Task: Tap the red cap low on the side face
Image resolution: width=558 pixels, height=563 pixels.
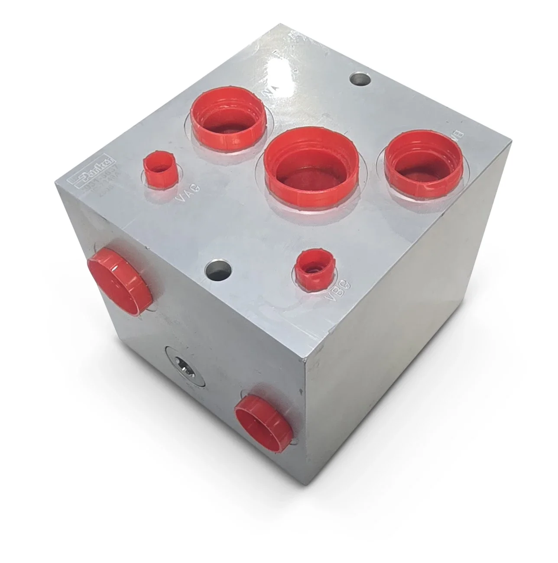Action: point(263,417)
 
